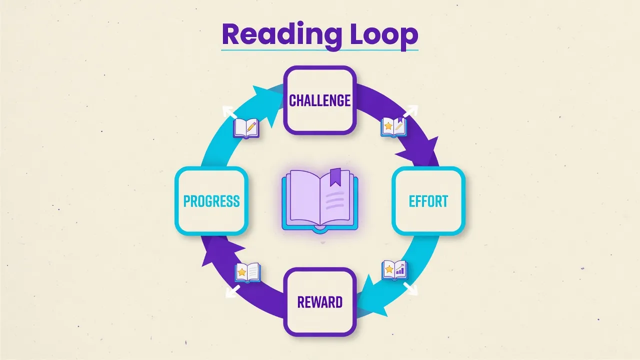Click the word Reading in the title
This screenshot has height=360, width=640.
coord(281,35)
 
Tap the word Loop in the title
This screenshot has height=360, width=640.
coord(384,35)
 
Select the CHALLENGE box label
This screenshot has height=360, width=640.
coord(319,100)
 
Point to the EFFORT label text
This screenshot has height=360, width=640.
coord(428,201)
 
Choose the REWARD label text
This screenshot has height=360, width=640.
coord(319,302)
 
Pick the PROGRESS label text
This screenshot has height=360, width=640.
coord(211,201)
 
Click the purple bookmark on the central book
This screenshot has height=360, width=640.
coord(335,177)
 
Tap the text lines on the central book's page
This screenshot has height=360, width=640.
coord(334,200)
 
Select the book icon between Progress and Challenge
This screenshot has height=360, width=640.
coord(246,128)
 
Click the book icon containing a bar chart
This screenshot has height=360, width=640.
coord(394,270)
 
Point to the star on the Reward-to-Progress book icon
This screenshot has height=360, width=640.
coord(241,272)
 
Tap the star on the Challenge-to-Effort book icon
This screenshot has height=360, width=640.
coord(388,125)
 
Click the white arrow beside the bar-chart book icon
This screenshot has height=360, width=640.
coord(410,289)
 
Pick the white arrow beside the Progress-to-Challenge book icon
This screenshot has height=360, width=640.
coord(229,111)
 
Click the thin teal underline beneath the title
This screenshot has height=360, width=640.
coord(320,50)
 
